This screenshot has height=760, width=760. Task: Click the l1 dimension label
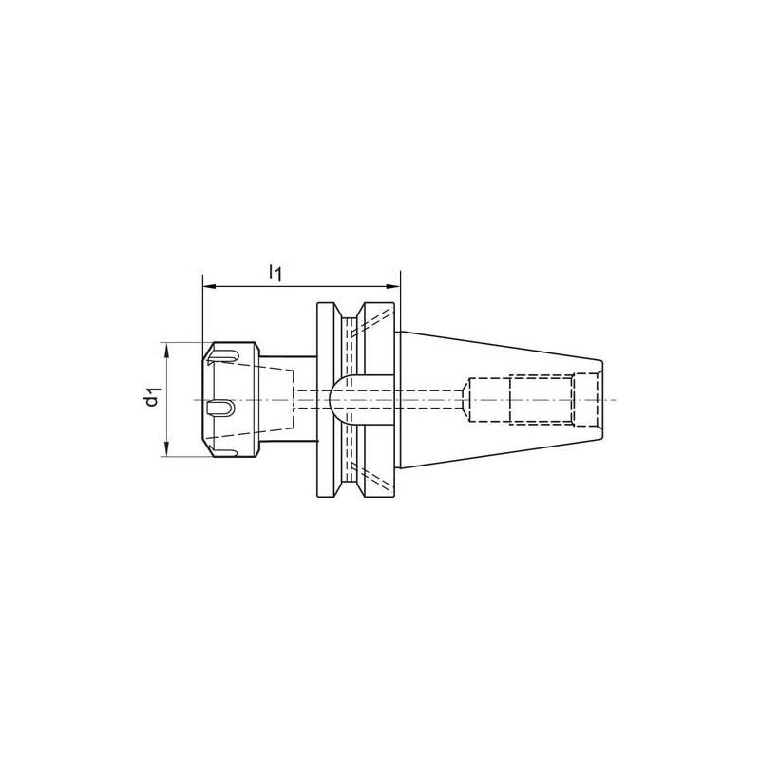tap(275, 273)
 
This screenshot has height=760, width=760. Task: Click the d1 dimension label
tap(152, 398)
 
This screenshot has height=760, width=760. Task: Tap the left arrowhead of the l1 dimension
tap(208, 284)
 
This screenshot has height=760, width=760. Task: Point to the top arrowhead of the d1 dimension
tap(168, 348)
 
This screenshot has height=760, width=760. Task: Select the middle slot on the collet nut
tap(220, 408)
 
